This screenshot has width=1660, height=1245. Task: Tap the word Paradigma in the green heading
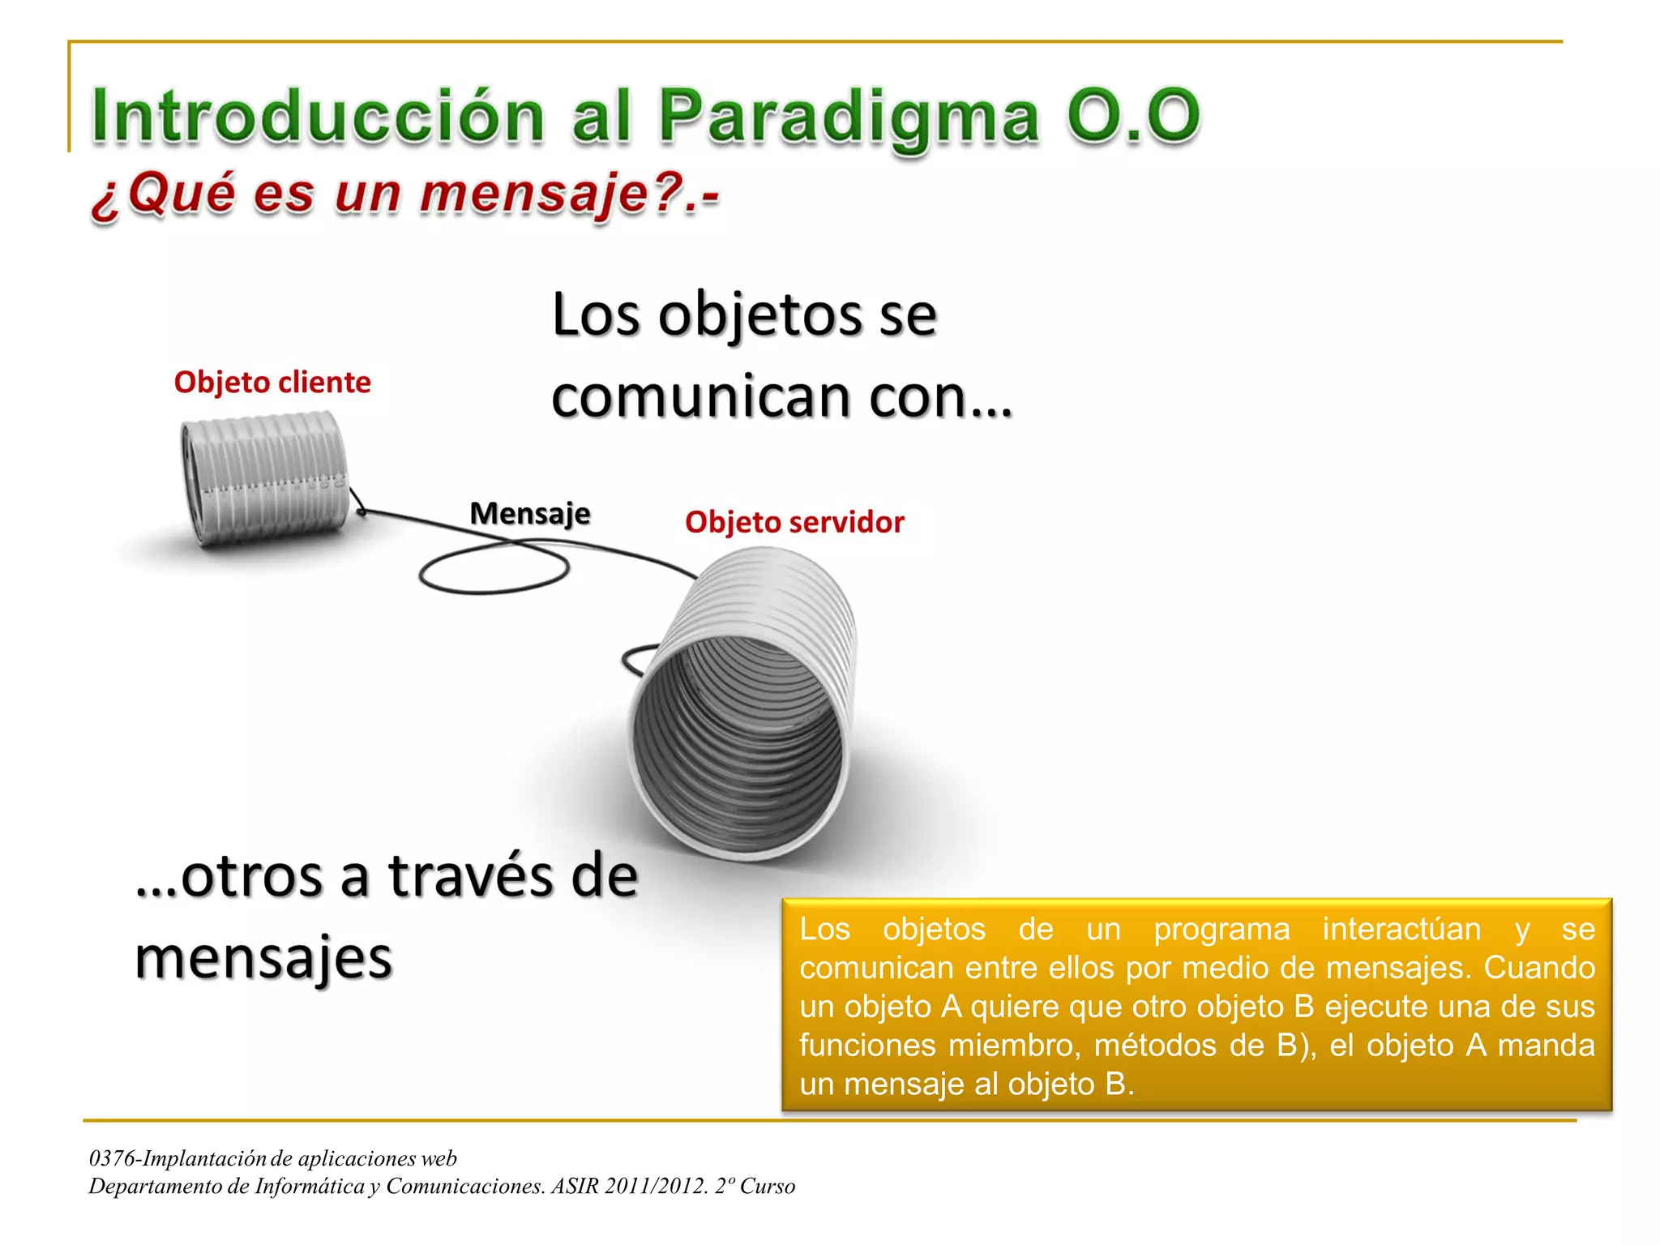[848, 118]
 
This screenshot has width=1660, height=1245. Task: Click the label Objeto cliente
[272, 382]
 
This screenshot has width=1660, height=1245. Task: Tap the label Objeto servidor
[794, 522]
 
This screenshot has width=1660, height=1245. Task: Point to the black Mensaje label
[530, 513]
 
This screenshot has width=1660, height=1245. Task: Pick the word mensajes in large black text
[263, 958]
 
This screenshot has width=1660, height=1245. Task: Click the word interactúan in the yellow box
[1401, 929]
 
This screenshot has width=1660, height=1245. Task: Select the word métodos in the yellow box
[1155, 1046]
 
